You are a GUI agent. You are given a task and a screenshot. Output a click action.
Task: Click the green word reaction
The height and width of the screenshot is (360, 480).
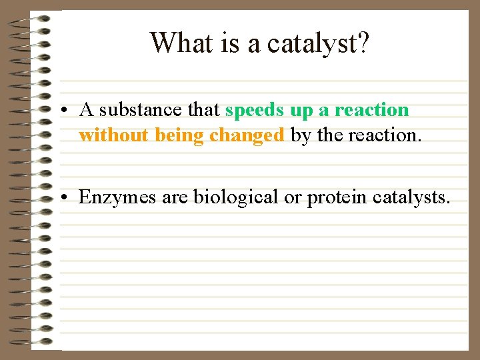click(371, 110)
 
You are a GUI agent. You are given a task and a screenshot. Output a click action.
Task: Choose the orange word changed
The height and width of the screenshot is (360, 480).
click(247, 135)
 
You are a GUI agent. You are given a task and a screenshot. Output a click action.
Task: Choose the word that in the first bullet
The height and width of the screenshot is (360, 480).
click(204, 110)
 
